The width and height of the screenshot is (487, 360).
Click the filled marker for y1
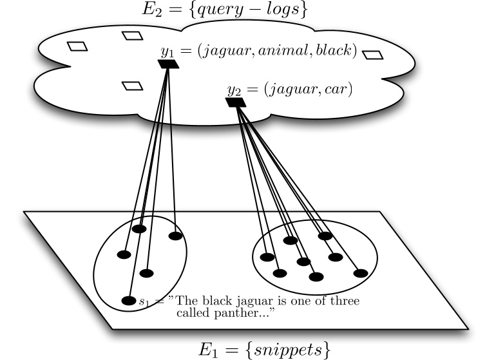(168, 64)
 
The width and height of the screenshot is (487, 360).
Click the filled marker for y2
(235, 102)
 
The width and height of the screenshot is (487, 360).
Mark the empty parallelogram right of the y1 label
(373, 55)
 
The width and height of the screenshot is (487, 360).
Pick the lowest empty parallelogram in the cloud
(132, 86)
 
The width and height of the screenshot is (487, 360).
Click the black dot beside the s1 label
(129, 301)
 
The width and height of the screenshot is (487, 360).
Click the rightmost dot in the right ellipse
(359, 272)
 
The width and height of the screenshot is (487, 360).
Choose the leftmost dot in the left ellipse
(124, 254)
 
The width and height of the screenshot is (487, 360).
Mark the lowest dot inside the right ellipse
(316, 277)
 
